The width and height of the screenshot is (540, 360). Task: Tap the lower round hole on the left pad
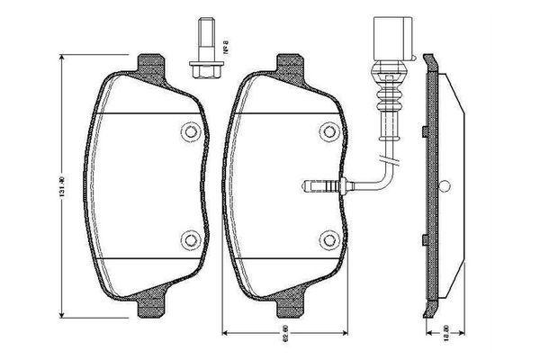pos(189,240)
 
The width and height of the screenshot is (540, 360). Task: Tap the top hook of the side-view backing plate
pos(431,56)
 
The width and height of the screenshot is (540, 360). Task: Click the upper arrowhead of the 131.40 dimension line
pos(62,56)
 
